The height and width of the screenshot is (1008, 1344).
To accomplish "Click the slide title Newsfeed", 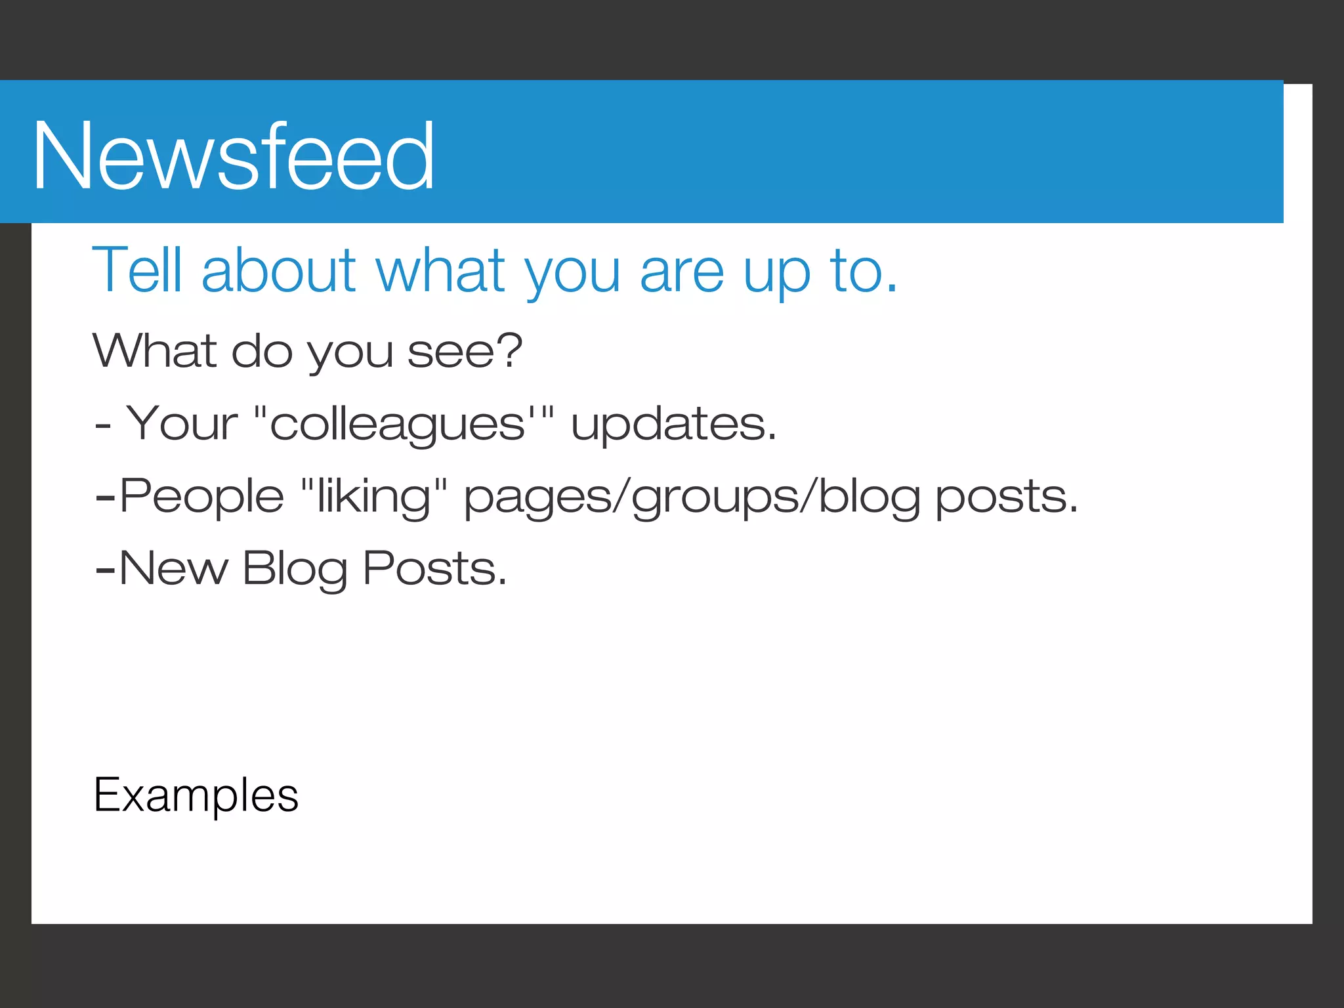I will click(234, 156).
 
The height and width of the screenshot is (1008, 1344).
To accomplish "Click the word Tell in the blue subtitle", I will click(137, 270).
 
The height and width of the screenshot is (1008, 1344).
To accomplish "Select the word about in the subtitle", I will click(279, 270).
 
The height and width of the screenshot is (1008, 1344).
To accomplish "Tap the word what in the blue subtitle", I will click(440, 270).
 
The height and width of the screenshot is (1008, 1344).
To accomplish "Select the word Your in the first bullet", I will click(182, 423).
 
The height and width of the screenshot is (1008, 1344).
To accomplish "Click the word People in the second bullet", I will click(201, 495).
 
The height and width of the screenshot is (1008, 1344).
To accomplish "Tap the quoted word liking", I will click(374, 495).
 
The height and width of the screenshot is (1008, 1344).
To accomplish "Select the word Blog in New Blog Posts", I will click(295, 569).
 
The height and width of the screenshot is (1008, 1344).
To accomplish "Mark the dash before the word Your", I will click(102, 427).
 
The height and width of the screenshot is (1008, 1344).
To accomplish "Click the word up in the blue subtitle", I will click(776, 272).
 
